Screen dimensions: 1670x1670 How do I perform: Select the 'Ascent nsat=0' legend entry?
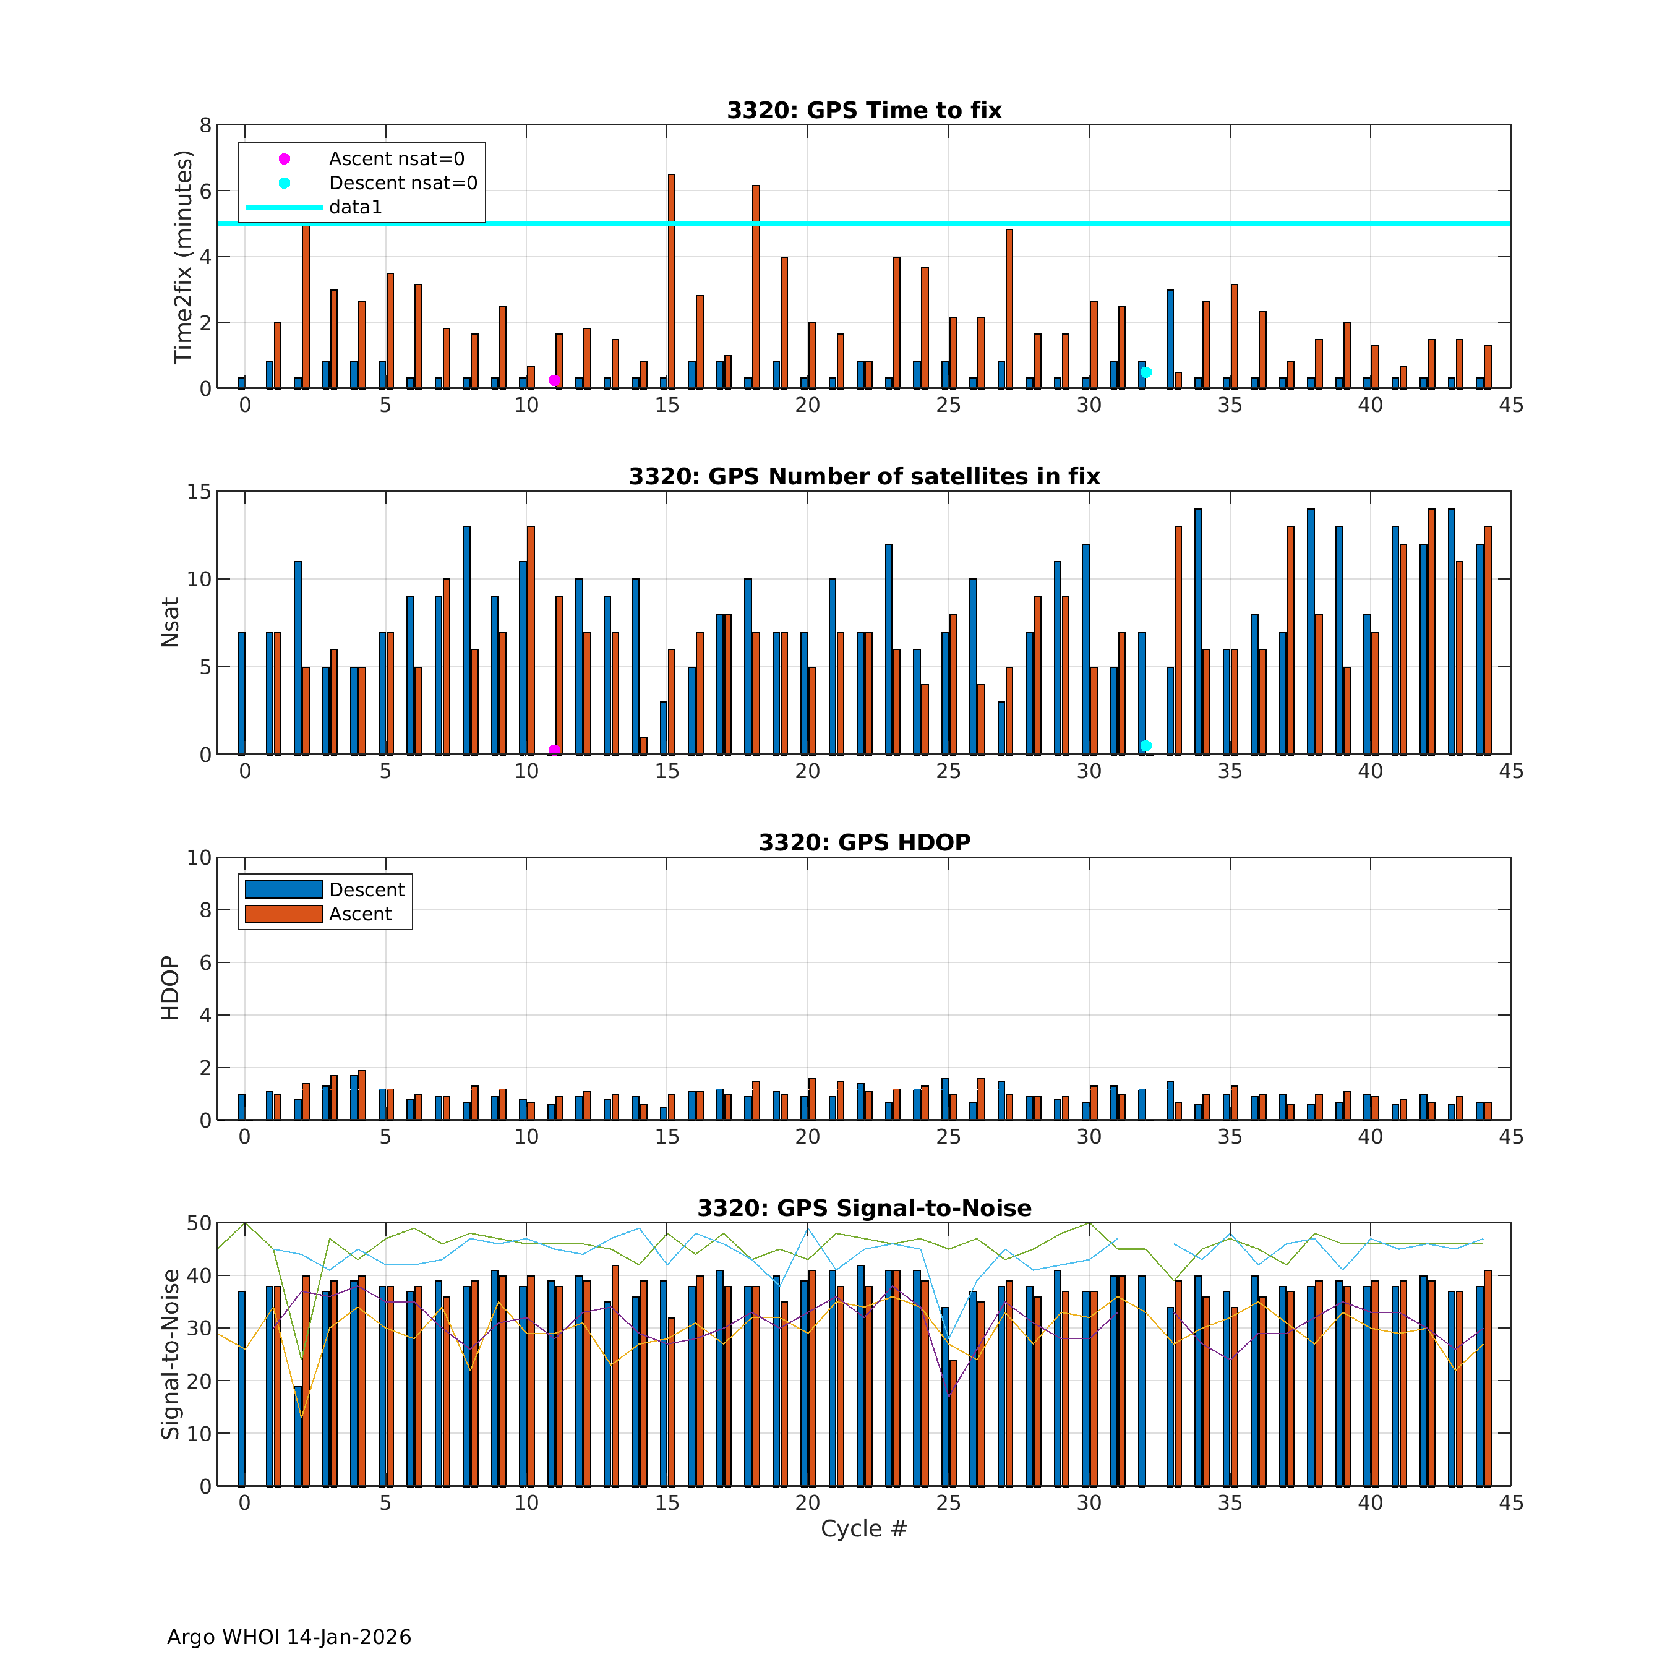[396, 159]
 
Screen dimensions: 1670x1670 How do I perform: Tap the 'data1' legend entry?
[354, 207]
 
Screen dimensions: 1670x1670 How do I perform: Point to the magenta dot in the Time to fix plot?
[554, 380]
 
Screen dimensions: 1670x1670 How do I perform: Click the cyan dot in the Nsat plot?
[1145, 745]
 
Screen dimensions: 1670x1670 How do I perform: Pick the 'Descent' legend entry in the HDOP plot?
[367, 890]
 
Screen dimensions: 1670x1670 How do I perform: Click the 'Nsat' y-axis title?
[170, 622]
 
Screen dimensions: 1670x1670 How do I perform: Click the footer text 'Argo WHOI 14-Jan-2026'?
[289, 1637]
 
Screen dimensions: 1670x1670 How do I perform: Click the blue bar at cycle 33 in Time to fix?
[1170, 339]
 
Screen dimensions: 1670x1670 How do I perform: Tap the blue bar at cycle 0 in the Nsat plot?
[241, 693]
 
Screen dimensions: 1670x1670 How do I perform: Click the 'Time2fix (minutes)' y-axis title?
[182, 257]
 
